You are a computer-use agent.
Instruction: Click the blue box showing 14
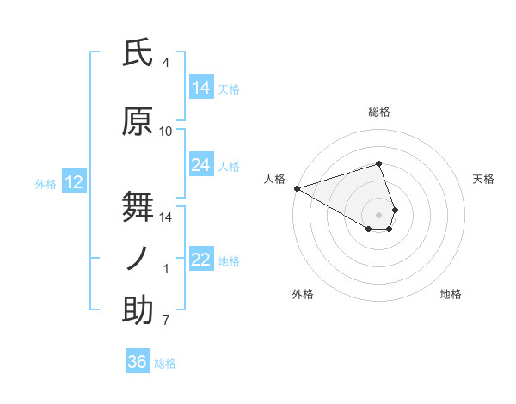tap(201, 87)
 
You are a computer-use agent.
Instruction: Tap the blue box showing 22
tap(201, 260)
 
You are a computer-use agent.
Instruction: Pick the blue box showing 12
tap(73, 182)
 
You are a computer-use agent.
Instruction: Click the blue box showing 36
tap(138, 362)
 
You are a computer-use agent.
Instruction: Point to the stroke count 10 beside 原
tap(166, 132)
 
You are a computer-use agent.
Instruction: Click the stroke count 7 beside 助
tap(166, 321)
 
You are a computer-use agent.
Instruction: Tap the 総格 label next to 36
tap(165, 364)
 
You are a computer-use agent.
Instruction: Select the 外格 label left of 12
tap(46, 183)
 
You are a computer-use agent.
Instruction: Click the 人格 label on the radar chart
tap(275, 179)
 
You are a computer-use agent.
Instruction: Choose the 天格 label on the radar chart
tap(484, 179)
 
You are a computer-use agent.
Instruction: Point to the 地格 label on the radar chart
tap(451, 295)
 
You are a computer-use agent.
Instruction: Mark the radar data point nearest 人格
tap(297, 187)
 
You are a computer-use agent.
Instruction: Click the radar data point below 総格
tap(378, 163)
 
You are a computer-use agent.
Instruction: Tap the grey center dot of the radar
tap(378, 214)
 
